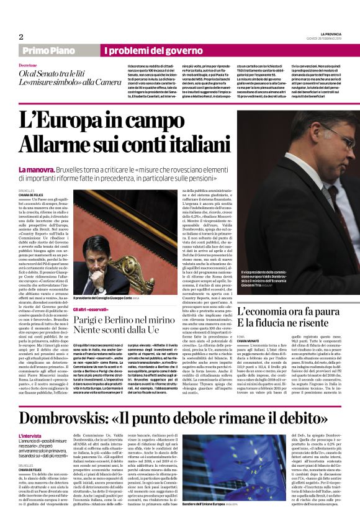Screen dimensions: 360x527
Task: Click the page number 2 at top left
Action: coord(20,37)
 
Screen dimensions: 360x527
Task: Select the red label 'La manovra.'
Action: coord(35,169)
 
